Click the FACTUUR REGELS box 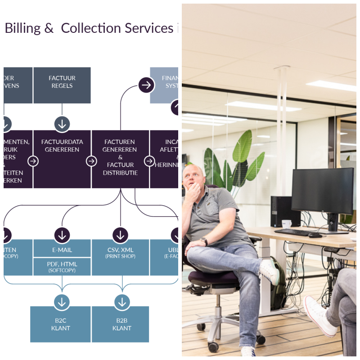pos(62,85)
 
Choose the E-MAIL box pos(62,250)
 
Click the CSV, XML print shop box pos(120,257)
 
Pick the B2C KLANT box pos(60,324)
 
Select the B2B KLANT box pos(120,324)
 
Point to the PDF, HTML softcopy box pos(62,266)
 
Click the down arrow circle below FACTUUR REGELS pos(62,123)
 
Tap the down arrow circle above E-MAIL pos(62,234)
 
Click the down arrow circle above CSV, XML pos(120,234)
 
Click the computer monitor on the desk pos(322,191)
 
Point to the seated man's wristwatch pos(205,241)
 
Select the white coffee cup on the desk pos(286,223)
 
